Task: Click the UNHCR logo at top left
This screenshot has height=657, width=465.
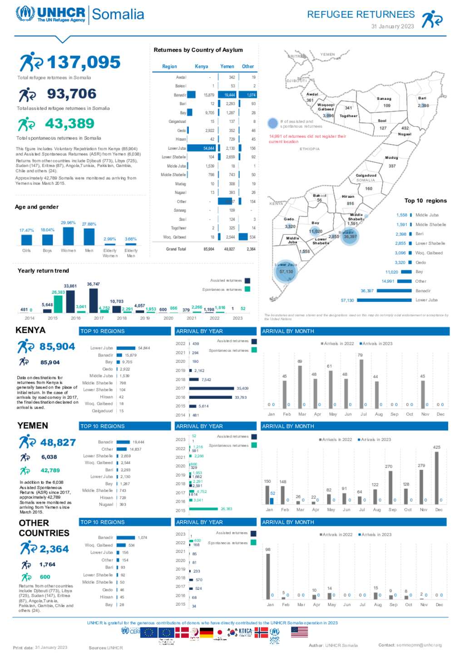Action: (50, 14)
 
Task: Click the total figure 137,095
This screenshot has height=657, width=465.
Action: (84, 63)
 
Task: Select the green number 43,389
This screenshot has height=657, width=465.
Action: (69, 123)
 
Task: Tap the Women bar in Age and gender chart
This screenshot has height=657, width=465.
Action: (68, 236)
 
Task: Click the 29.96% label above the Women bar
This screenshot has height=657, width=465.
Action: (68, 223)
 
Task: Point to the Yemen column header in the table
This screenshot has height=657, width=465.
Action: (227, 66)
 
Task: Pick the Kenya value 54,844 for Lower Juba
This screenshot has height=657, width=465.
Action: (208, 148)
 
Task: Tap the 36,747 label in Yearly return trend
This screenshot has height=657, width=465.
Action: (93, 284)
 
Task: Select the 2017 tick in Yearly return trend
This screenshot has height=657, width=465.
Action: (99, 318)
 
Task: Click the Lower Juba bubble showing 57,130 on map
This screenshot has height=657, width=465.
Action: (286, 272)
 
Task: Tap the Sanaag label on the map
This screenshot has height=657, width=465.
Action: (384, 98)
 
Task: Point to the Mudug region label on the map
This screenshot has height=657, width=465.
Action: (391, 158)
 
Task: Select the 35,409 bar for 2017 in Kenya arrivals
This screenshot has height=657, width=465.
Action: (212, 388)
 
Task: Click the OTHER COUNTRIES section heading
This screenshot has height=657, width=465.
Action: (44, 528)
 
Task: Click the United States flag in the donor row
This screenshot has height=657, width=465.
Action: (299, 632)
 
